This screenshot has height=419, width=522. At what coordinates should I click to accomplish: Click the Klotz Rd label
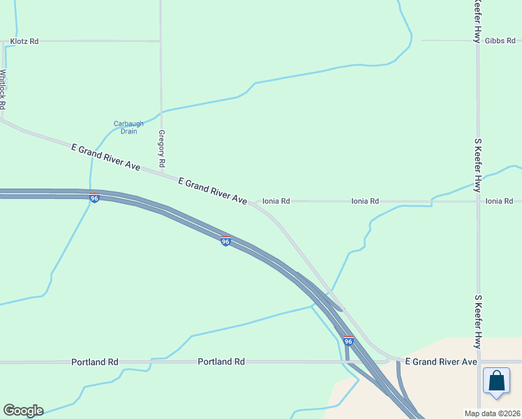pyautogui.click(x=24, y=42)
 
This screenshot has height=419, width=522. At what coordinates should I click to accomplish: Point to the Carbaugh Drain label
pyautogui.click(x=128, y=128)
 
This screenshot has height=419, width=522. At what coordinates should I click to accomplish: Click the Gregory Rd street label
pyautogui.click(x=161, y=147)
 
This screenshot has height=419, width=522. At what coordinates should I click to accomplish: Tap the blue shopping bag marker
pyautogui.click(x=496, y=381)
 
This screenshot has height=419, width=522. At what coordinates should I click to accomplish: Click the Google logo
pyautogui.click(x=23, y=411)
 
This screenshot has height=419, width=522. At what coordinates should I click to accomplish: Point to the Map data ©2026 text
pyautogui.click(x=492, y=413)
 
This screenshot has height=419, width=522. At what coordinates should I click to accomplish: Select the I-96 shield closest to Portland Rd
pyautogui.click(x=348, y=341)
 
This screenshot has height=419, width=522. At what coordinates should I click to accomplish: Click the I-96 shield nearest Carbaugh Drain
pyautogui.click(x=94, y=198)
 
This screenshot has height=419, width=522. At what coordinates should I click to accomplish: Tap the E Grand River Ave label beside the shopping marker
pyautogui.click(x=441, y=362)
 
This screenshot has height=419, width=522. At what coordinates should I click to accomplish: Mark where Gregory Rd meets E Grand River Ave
pyautogui.click(x=162, y=175)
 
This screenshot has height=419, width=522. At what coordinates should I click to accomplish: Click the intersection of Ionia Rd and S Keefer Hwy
pyautogui.click(x=478, y=201)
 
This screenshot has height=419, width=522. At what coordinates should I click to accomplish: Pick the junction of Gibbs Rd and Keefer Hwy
pyautogui.click(x=478, y=41)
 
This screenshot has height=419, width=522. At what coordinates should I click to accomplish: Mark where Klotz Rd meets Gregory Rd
pyautogui.click(x=161, y=41)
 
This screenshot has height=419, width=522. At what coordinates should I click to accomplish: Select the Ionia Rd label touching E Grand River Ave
pyautogui.click(x=276, y=201)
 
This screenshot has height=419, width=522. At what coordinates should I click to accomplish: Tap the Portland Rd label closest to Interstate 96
pyautogui.click(x=221, y=362)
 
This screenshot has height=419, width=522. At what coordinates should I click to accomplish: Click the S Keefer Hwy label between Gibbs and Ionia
pyautogui.click(x=478, y=166)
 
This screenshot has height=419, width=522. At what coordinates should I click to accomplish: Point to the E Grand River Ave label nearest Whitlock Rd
pyautogui.click(x=106, y=157)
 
